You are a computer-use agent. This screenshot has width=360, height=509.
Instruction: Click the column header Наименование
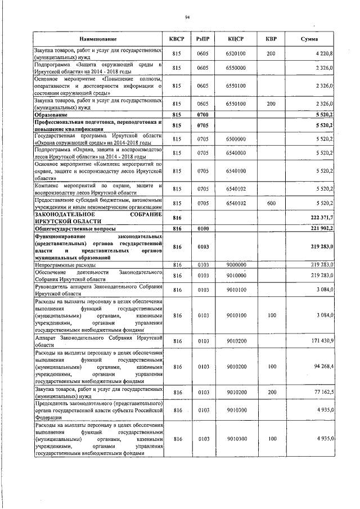point(98,39)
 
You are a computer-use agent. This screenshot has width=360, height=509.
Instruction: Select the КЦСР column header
point(236,39)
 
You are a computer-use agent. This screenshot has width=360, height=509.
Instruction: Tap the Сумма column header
point(309,39)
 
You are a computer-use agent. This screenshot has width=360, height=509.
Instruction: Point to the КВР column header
point(272,39)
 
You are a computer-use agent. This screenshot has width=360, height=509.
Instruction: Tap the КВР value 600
point(272,202)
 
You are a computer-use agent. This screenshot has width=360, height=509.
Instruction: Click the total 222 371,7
point(322,217)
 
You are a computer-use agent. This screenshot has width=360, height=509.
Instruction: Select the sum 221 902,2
point(322,229)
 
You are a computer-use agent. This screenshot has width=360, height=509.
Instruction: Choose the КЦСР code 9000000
point(236,263)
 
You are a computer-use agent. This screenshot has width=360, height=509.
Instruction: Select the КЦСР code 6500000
point(236,138)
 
